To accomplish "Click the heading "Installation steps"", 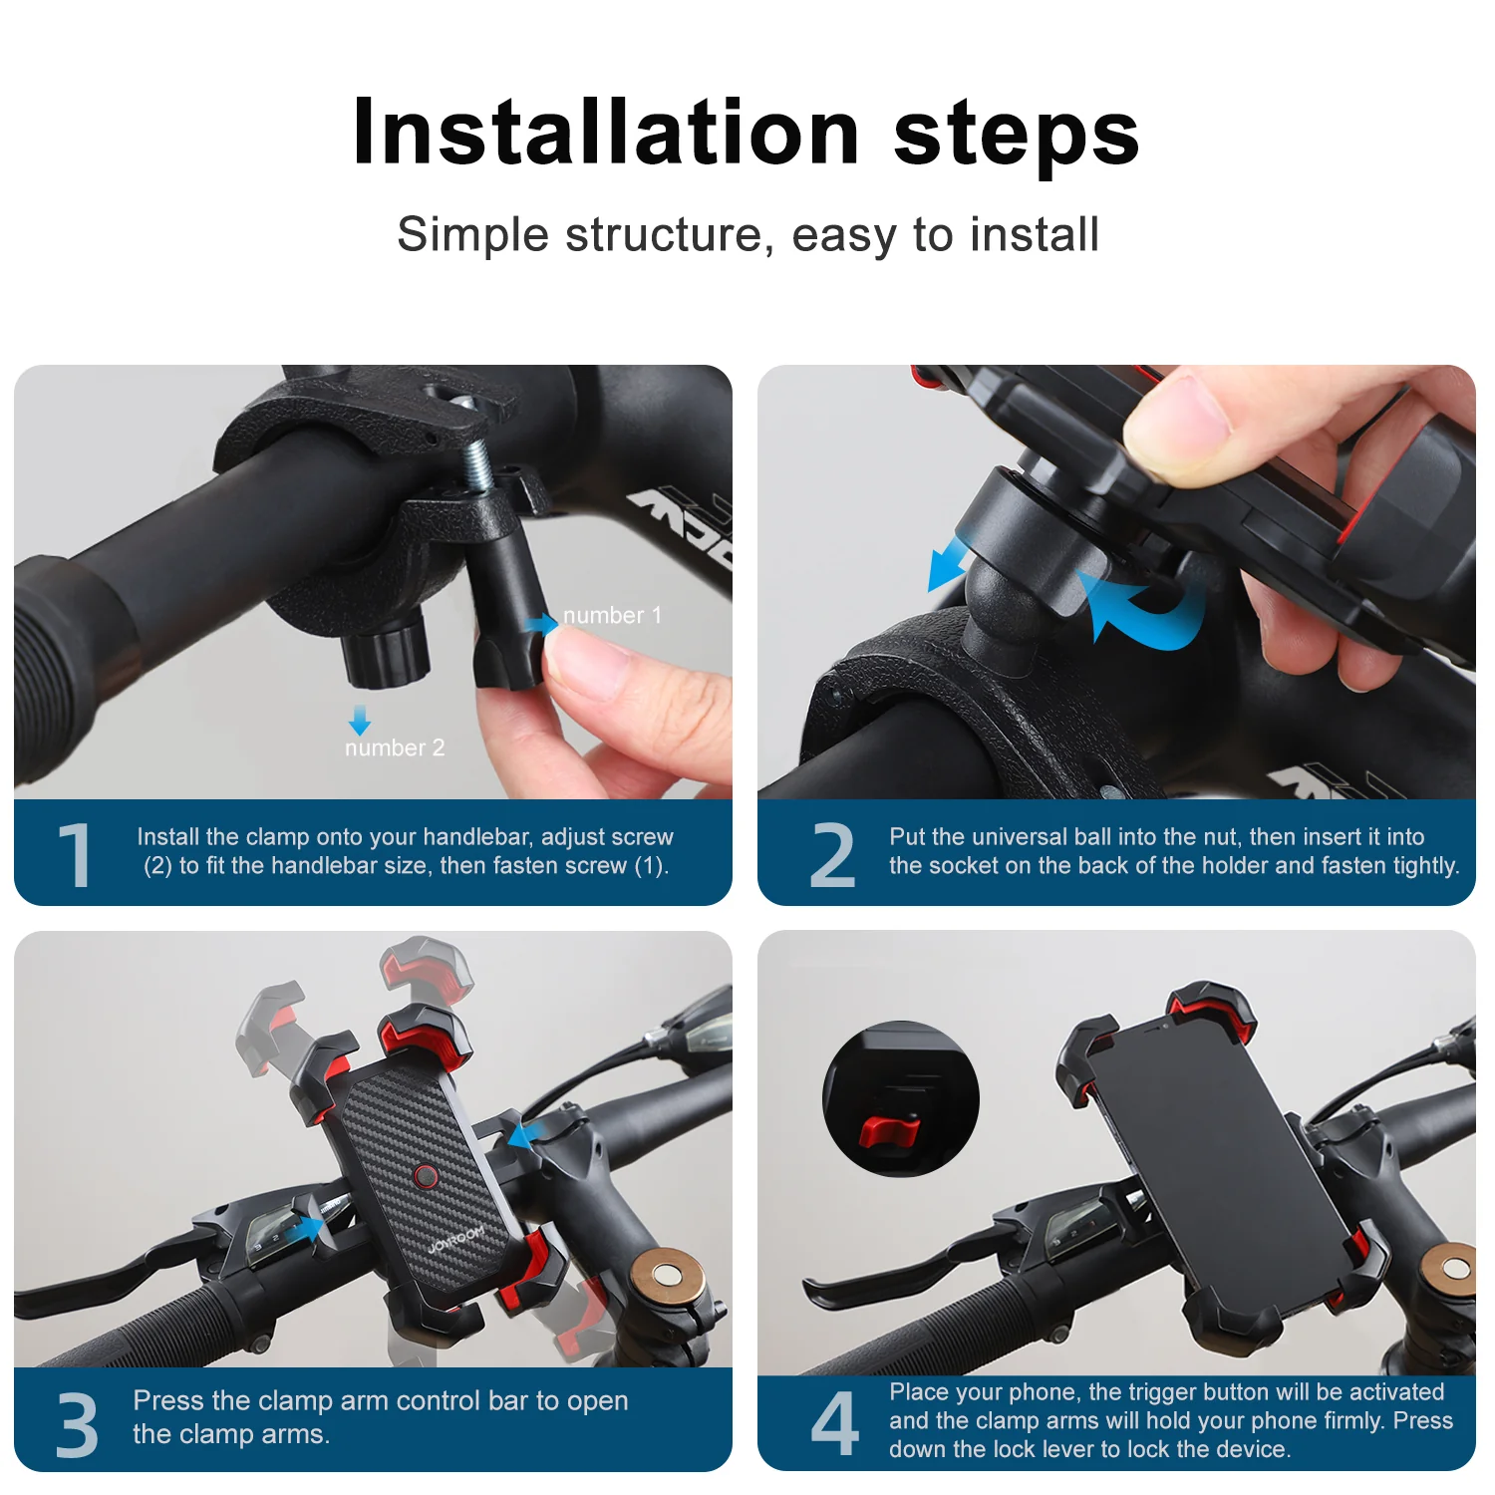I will (746, 133).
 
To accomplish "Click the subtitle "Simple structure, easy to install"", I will (747, 235).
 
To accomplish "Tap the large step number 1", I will (75, 854).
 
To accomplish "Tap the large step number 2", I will (832, 854).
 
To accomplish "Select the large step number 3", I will (77, 1423).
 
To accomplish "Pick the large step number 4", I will (834, 1423).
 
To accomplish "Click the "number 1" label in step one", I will (612, 616).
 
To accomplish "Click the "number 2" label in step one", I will (395, 747).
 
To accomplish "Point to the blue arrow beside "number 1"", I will (542, 624).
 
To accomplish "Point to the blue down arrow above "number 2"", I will (360, 720).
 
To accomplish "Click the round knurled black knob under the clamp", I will (388, 650).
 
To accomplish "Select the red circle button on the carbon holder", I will (427, 1177).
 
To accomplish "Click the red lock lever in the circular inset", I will (889, 1130).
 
